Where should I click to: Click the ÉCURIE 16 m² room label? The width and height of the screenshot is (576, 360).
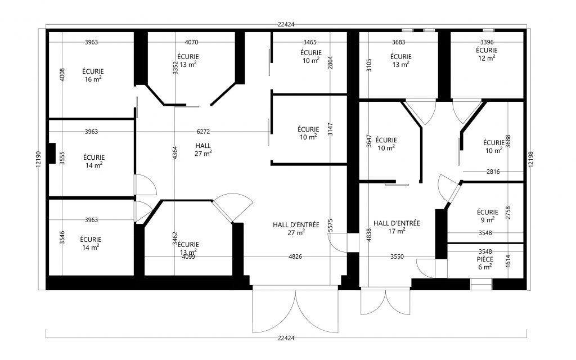click(x=92, y=75)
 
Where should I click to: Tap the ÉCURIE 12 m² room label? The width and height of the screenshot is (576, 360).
click(x=487, y=53)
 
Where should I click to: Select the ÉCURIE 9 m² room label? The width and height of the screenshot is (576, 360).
click(x=487, y=215)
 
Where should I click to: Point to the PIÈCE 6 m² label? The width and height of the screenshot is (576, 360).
click(x=485, y=263)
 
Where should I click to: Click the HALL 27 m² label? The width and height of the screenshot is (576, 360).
click(x=203, y=149)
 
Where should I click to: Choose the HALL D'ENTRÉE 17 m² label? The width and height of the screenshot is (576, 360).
click(x=397, y=226)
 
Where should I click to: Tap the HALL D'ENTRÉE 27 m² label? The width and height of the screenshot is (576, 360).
click(x=296, y=228)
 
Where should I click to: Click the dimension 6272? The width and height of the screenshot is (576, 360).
click(x=203, y=132)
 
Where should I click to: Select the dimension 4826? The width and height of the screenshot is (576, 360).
click(x=295, y=256)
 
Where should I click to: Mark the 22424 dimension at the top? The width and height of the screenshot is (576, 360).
click(x=286, y=25)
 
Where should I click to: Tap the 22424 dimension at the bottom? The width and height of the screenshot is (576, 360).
click(x=286, y=338)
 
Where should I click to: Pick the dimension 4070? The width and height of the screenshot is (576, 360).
click(x=191, y=42)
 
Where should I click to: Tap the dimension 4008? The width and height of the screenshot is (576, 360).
click(x=63, y=75)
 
